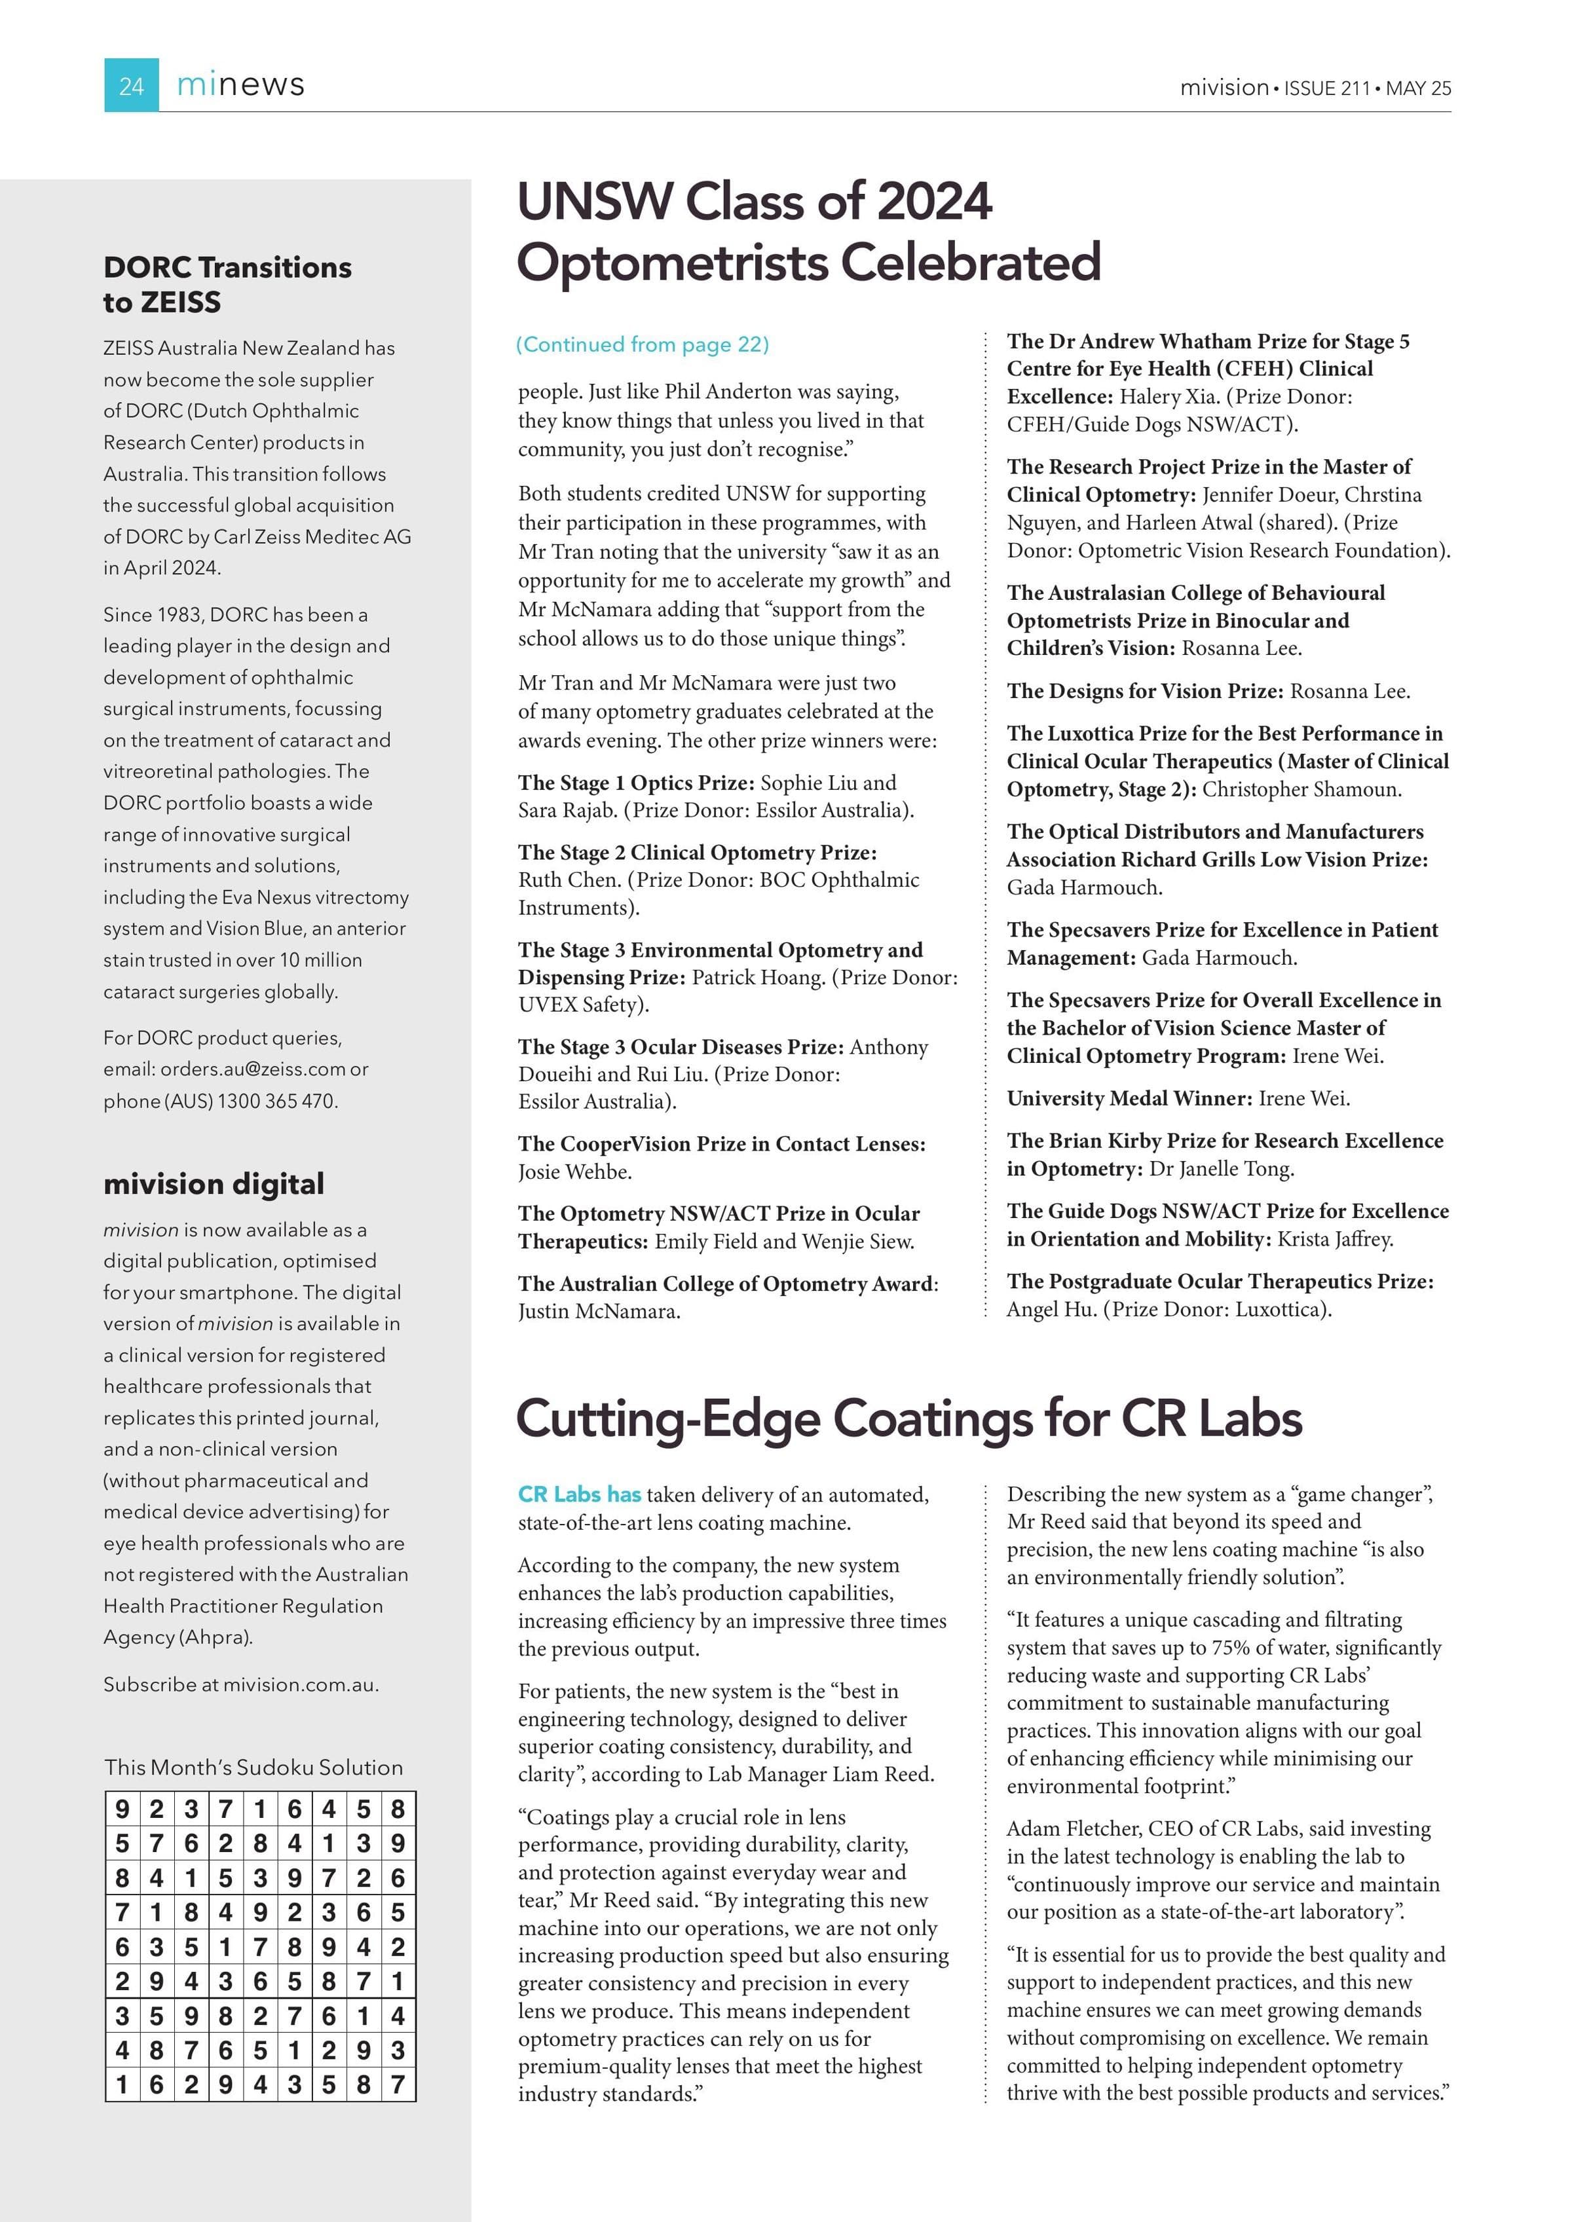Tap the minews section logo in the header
[x=240, y=85]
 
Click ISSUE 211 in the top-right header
[x=1326, y=88]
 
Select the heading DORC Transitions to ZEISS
[x=227, y=284]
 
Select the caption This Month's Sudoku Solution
[x=253, y=1766]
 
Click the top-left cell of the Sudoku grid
[x=122, y=1809]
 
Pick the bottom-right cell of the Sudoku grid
[x=398, y=2084]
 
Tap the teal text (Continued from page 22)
[x=643, y=344]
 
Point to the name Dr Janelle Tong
[x=1221, y=1168]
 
